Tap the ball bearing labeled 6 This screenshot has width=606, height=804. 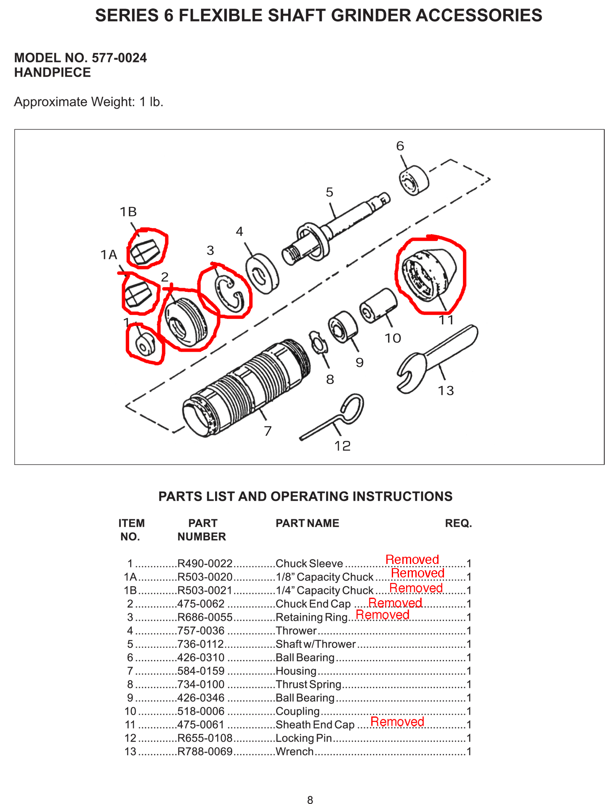point(414,181)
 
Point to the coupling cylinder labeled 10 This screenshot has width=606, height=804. point(378,306)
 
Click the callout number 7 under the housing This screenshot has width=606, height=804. point(268,431)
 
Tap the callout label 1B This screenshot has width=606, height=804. point(128,212)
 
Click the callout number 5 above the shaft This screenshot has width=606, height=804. point(329,192)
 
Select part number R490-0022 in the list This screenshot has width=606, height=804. point(205,564)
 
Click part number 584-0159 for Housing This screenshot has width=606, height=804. point(201,671)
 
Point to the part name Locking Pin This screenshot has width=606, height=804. point(304,738)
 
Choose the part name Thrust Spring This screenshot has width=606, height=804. point(308,684)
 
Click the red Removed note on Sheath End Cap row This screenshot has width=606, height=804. point(397,721)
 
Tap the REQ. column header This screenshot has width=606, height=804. point(458,523)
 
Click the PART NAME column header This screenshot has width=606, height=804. point(307,523)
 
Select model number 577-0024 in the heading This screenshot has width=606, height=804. point(119,58)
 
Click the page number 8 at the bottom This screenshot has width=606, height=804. point(310,800)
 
